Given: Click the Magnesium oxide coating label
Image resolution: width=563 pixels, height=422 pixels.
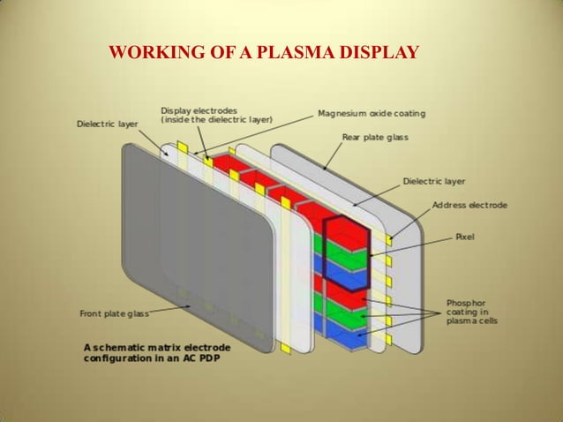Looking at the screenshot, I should point(371,114).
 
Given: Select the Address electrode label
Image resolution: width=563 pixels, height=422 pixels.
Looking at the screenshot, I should point(469,205).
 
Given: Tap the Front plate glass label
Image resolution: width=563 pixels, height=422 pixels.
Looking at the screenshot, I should point(115,313).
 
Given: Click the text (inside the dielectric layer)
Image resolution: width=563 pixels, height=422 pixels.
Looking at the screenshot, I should point(216,119).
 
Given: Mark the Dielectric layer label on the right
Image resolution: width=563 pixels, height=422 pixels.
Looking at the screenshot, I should point(433,181).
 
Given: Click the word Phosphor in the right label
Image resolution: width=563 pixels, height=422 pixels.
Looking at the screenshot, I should point(489,303).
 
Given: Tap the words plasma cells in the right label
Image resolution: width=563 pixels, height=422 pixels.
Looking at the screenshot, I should point(486,321).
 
